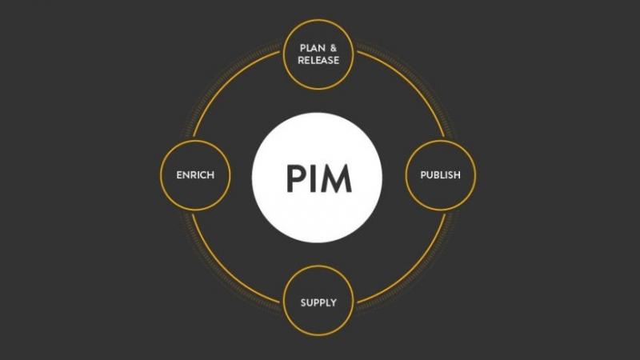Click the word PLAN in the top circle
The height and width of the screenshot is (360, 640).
312,48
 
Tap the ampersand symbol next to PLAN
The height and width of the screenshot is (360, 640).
334,48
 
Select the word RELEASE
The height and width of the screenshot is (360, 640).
318,61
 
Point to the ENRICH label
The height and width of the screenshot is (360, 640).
195,175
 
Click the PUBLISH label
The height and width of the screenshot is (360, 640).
441,175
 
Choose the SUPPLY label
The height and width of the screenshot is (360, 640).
318,303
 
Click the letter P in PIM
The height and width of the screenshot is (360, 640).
297,178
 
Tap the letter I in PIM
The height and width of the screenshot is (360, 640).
314,178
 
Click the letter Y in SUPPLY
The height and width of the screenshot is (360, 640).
334,303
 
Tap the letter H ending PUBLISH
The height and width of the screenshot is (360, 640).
457,175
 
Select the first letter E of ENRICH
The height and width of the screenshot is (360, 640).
179,175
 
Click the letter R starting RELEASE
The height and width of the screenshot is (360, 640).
301,61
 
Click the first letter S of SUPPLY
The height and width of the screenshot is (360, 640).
303,303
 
